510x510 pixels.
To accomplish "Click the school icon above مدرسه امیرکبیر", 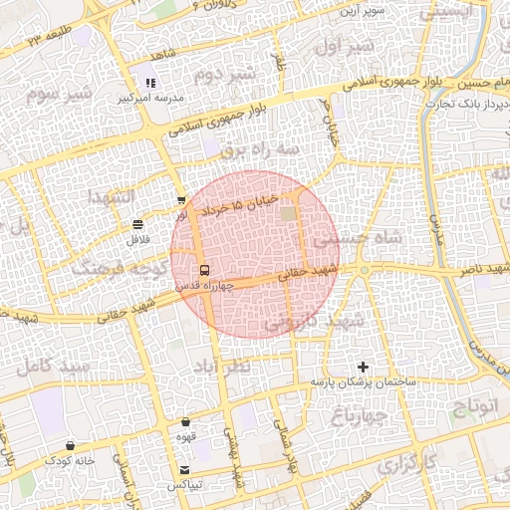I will click(x=149, y=85).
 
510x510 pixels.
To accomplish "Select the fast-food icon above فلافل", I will click(x=135, y=224).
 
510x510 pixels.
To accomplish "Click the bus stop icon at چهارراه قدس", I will click(x=204, y=270).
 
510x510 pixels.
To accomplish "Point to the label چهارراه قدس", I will click(x=204, y=286).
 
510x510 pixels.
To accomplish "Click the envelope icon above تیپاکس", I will click(x=184, y=469).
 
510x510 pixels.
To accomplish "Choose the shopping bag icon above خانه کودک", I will click(x=70, y=445).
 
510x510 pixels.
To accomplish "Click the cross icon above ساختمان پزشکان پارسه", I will click(x=363, y=368).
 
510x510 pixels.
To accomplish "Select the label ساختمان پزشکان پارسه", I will click(x=362, y=382).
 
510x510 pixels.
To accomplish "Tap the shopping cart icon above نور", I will click(x=180, y=201).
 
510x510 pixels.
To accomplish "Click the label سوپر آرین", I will click(x=364, y=10).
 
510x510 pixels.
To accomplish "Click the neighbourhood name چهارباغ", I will click(x=360, y=416).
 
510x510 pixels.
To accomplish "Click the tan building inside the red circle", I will click(x=289, y=214).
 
